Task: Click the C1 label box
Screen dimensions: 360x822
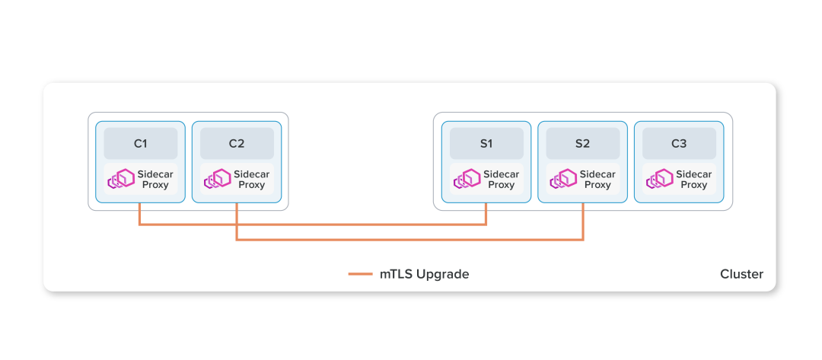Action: [141, 143]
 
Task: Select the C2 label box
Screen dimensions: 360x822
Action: [237, 143]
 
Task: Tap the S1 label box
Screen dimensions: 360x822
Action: [486, 143]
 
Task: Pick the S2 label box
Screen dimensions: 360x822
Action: [582, 143]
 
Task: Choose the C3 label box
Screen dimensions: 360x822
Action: [679, 143]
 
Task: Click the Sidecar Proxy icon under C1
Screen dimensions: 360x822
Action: [120, 179]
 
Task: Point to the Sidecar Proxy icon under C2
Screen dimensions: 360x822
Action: [217, 179]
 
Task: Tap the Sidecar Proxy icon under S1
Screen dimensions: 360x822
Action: [467, 179]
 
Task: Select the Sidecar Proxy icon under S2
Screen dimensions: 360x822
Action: [562, 179]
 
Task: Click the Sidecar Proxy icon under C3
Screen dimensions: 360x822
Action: [659, 179]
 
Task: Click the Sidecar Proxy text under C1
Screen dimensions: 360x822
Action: [155, 180]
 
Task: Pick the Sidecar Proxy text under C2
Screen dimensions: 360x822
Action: [251, 180]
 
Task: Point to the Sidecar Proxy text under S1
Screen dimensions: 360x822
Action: [501, 180]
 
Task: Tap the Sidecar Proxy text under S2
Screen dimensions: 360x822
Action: [597, 180]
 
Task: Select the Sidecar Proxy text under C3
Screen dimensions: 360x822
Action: [693, 180]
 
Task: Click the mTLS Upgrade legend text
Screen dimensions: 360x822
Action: [424, 274]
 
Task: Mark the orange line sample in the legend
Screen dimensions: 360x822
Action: [360, 274]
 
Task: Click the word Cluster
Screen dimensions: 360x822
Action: [741, 274]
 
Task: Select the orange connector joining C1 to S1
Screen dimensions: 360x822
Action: [312, 225]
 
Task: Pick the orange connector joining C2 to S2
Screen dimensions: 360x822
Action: [411, 240]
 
